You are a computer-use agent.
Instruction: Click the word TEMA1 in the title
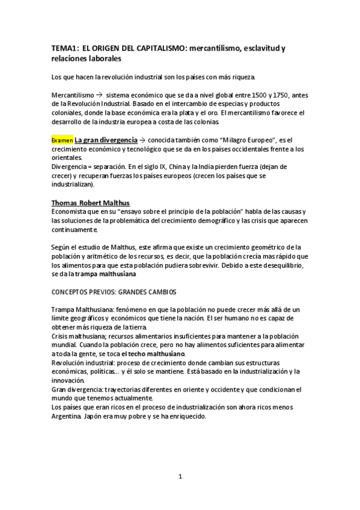[x=63, y=47]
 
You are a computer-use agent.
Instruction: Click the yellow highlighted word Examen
[x=62, y=140]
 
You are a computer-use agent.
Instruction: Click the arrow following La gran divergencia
[x=142, y=140]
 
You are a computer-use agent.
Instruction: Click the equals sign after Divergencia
[x=89, y=167]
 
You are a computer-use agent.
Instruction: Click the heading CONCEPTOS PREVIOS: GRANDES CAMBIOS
[x=114, y=292]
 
